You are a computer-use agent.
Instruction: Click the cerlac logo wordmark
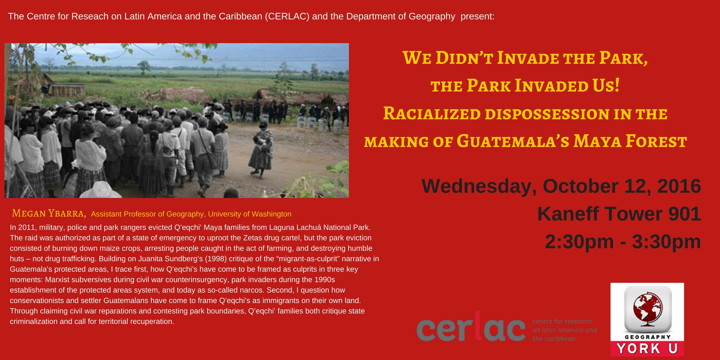pos(471,326)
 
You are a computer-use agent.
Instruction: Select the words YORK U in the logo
pos(647,348)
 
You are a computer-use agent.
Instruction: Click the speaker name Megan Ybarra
pos(49,213)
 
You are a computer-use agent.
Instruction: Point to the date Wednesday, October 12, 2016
pos(561,186)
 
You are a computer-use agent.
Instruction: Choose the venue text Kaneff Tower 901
pos(619,214)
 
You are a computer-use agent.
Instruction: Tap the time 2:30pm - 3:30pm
pos(623,242)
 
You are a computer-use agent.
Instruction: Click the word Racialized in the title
pos(432,114)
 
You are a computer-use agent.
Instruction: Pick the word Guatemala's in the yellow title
pos(513,141)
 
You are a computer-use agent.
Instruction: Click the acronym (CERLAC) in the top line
pos(287,16)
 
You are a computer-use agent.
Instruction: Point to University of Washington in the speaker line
pos(250,214)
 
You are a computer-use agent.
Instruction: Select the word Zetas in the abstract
pos(253,238)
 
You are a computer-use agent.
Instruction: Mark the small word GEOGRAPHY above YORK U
pos(648,337)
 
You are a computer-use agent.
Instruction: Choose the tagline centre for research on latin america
pos(564,326)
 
